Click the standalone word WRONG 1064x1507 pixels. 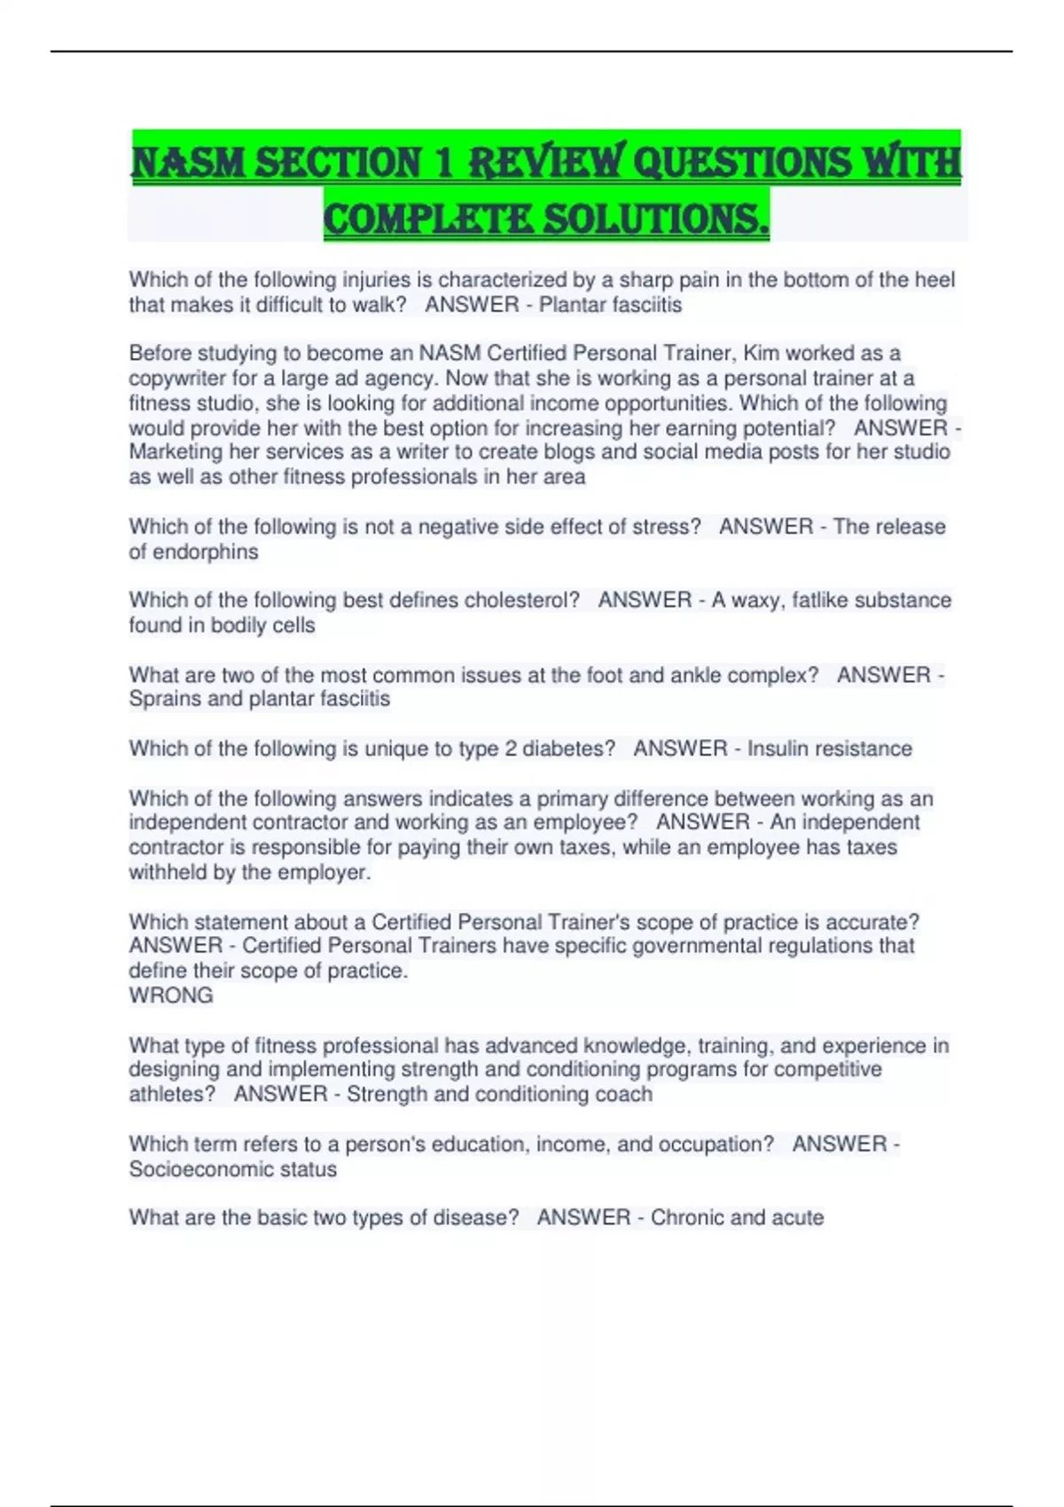click(x=171, y=996)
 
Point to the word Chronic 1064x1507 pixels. click(x=688, y=1217)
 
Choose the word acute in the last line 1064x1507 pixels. click(x=798, y=1217)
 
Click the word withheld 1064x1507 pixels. click(x=170, y=872)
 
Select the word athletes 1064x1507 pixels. click(x=169, y=1094)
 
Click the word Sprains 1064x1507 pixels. click(x=165, y=699)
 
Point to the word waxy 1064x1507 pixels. click(x=756, y=600)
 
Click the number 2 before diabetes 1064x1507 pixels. click(x=511, y=748)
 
